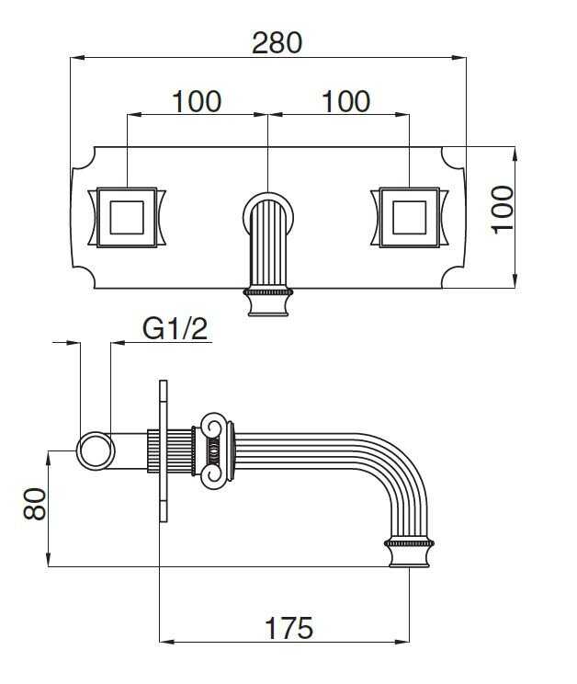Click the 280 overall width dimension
(x=277, y=42)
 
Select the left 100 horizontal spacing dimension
(x=197, y=102)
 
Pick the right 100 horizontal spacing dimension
(x=346, y=102)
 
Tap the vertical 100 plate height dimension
(x=503, y=211)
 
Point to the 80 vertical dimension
(x=34, y=505)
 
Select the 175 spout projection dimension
(x=288, y=628)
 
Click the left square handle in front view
(x=127, y=218)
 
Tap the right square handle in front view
(x=409, y=218)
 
